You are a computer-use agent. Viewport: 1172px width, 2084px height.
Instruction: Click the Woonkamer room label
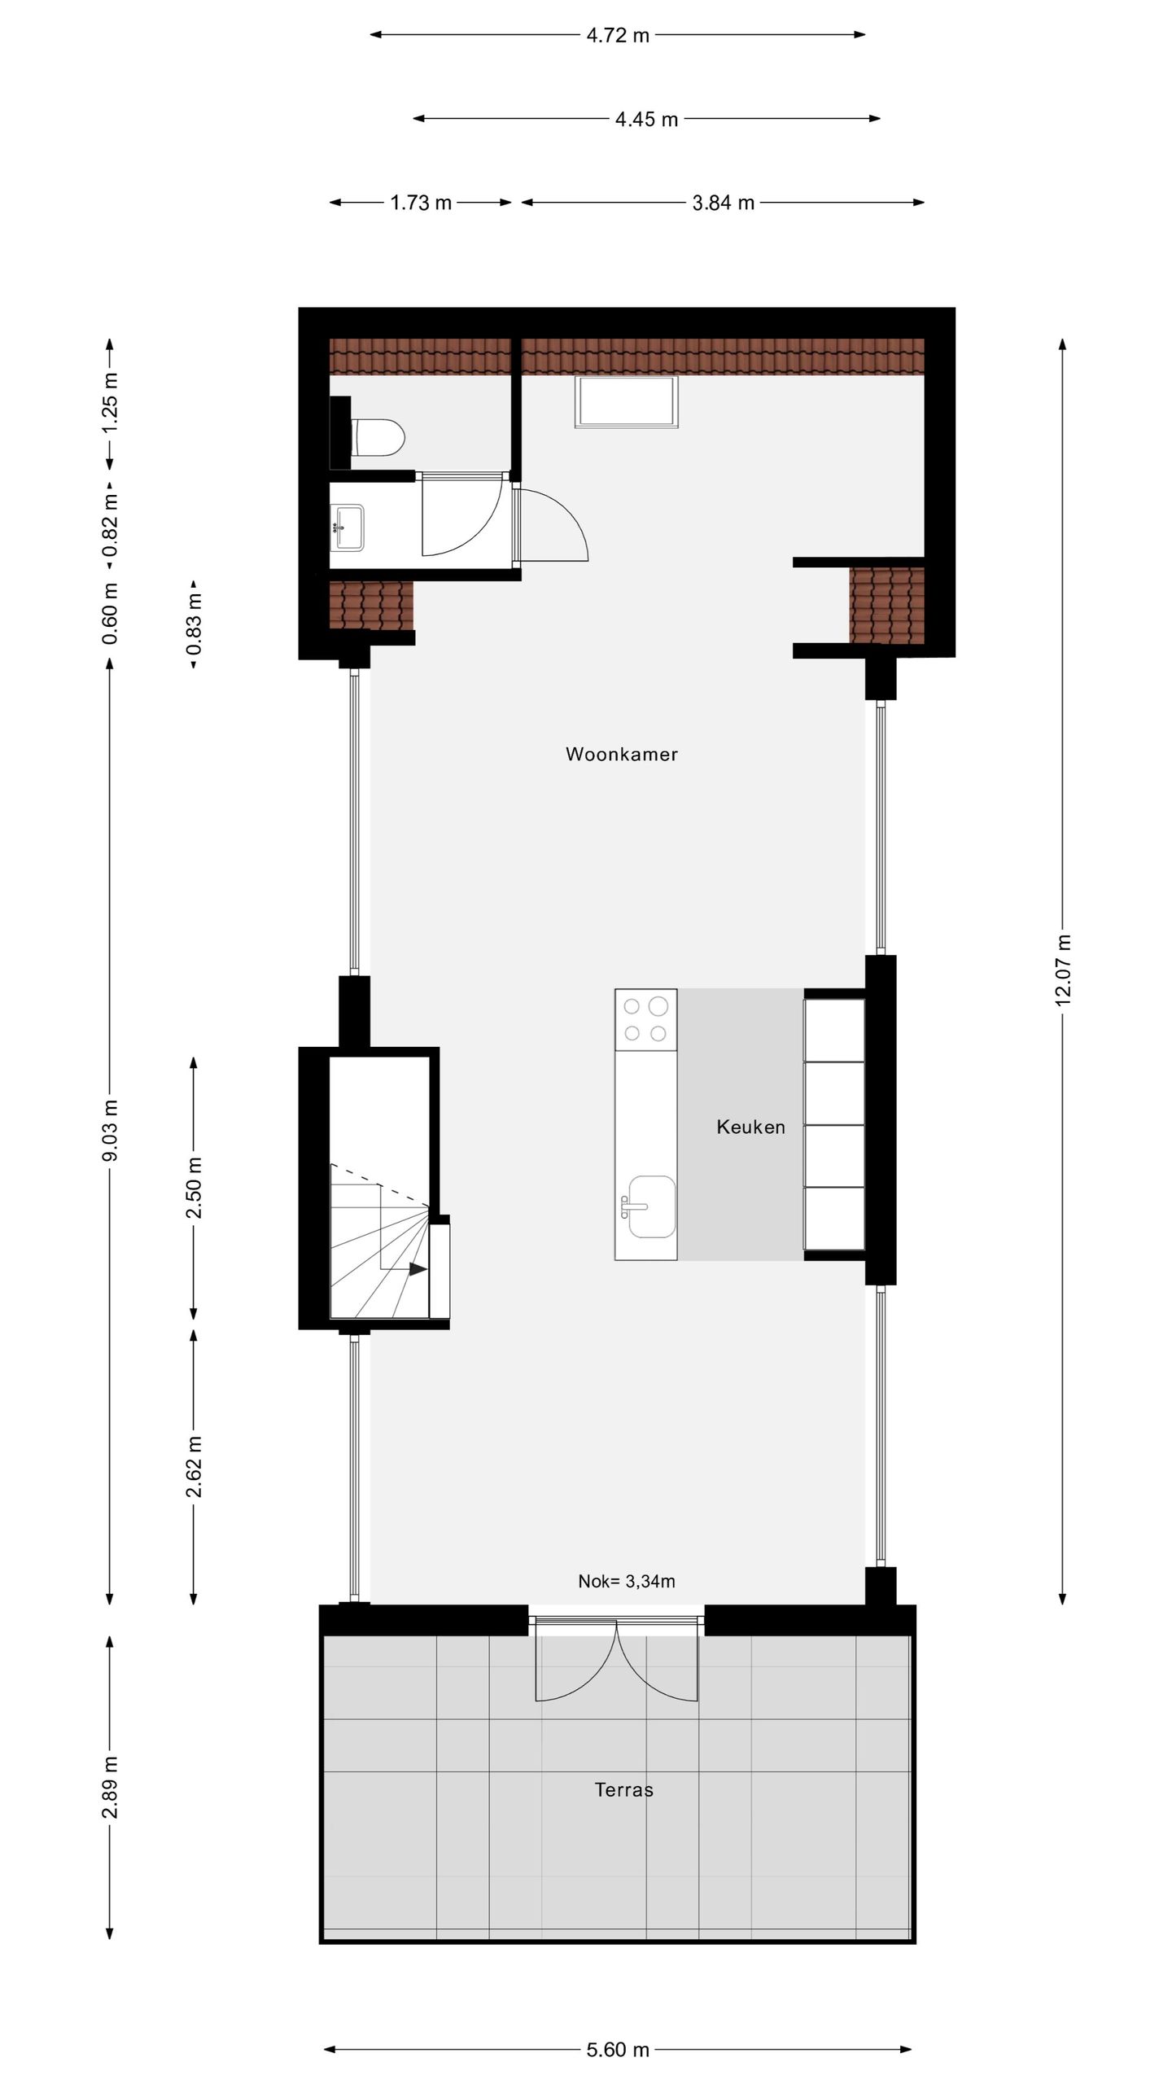pyautogui.click(x=621, y=754)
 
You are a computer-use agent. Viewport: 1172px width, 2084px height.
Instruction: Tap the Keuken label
pyautogui.click(x=750, y=1127)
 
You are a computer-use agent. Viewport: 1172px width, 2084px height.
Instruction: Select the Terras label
pyautogui.click(x=623, y=1789)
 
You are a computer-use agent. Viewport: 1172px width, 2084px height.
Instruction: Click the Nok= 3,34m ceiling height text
pyautogui.click(x=626, y=1581)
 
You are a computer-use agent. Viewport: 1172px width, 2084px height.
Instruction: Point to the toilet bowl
pyautogui.click(x=379, y=437)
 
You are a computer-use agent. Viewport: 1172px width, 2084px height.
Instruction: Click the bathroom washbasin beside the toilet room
pyautogui.click(x=348, y=526)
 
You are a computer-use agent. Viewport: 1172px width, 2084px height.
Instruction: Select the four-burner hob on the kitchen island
pyautogui.click(x=645, y=1019)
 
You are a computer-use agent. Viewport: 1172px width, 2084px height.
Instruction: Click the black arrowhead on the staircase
pyautogui.click(x=418, y=1268)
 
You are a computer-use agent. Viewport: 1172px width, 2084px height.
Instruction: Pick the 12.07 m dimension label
pyautogui.click(x=1063, y=970)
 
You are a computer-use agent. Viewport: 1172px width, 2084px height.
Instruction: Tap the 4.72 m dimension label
pyautogui.click(x=618, y=35)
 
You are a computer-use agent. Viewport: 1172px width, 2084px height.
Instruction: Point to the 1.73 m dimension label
pyautogui.click(x=420, y=203)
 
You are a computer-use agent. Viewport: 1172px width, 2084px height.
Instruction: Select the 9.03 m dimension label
pyautogui.click(x=111, y=1130)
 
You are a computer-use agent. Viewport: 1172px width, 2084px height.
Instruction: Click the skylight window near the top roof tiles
pyautogui.click(x=626, y=402)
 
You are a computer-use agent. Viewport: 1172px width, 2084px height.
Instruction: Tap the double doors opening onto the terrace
pyautogui.click(x=616, y=1661)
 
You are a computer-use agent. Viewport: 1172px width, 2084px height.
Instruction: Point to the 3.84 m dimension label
pyautogui.click(x=723, y=203)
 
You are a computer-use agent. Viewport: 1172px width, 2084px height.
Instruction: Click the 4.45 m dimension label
pyautogui.click(x=646, y=120)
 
